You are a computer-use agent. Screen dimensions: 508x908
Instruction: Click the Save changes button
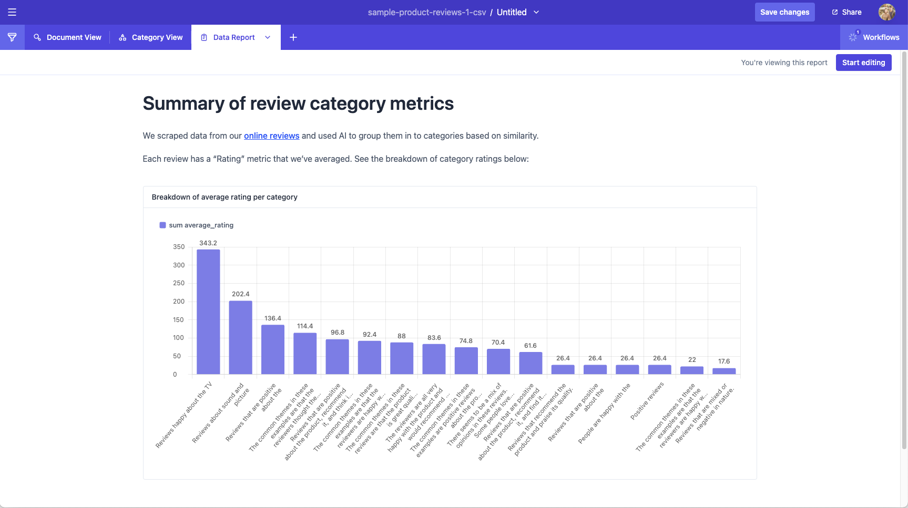(784, 12)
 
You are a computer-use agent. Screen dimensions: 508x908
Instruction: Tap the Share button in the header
(846, 12)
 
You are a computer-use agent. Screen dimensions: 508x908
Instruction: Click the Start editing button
(863, 63)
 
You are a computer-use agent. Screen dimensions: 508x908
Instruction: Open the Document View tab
(67, 37)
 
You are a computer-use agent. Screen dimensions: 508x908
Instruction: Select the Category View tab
(151, 37)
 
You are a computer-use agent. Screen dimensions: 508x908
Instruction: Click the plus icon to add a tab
(293, 37)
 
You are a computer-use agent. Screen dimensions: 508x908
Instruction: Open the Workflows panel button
(874, 37)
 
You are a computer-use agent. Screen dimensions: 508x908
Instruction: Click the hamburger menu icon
(12, 12)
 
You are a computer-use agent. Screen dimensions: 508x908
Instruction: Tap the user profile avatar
(886, 12)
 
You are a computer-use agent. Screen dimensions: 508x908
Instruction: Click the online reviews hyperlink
(271, 136)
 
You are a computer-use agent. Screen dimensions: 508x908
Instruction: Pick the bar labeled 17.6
(724, 371)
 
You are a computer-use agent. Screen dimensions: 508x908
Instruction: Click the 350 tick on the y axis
(179, 247)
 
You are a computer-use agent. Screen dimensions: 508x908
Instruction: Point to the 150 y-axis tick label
(179, 319)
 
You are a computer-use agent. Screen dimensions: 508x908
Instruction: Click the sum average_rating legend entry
(197, 225)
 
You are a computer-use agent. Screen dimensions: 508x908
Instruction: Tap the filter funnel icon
(12, 37)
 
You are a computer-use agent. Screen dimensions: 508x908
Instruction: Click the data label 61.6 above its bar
(530, 346)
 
